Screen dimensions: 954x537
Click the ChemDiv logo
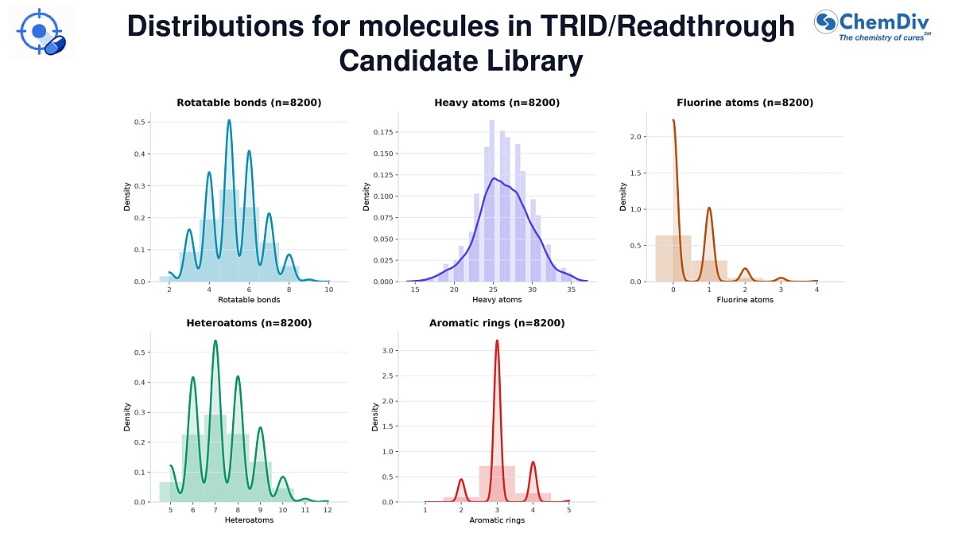tap(872, 25)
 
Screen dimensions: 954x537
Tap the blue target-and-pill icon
tap(41, 32)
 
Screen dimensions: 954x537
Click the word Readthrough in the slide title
tap(705, 26)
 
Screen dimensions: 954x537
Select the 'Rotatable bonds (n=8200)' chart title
tap(249, 103)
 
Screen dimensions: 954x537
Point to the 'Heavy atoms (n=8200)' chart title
tap(497, 103)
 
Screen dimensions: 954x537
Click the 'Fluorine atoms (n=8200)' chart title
tap(745, 103)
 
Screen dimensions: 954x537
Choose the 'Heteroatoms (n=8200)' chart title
tap(249, 323)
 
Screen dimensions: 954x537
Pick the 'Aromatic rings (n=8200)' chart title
tap(497, 323)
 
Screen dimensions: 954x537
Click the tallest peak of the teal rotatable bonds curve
tap(229, 121)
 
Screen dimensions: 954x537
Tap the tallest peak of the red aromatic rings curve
tap(497, 340)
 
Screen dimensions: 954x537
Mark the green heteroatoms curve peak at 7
tap(215, 341)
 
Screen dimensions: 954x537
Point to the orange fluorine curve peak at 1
tap(709, 208)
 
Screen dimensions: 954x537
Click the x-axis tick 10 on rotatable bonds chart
tap(329, 290)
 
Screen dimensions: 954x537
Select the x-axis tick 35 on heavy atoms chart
tap(571, 290)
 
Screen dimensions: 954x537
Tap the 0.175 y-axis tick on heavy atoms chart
tap(383, 132)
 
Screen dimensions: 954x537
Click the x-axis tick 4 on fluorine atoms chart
tap(817, 290)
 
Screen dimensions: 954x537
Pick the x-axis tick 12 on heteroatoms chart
tap(328, 510)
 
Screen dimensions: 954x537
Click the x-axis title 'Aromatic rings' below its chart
tap(497, 520)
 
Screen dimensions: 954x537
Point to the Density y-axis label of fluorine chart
tap(623, 197)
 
